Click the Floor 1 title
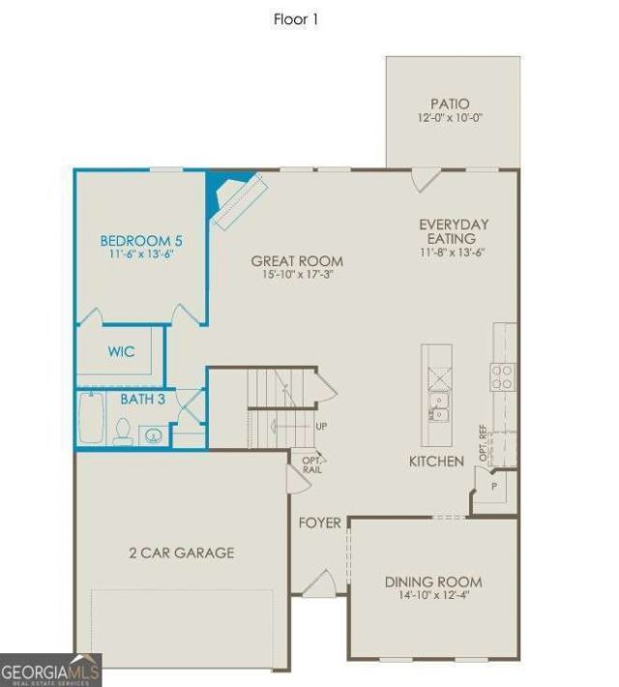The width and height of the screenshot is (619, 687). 296,19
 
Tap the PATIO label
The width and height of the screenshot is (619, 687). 450,104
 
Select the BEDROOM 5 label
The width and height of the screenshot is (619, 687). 141,241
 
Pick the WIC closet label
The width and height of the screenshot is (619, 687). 121,351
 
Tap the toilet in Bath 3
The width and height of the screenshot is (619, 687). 122,432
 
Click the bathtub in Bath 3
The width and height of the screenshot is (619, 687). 91,418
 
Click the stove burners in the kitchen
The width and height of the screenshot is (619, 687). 502,377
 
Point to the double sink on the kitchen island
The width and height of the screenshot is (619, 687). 437,407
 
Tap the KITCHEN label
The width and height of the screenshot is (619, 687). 436,461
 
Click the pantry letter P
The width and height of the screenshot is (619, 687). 494,486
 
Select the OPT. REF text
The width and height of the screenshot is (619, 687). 484,442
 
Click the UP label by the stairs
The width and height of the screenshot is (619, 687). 321,426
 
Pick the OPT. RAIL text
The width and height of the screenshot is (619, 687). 312,465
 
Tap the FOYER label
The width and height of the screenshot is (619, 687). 320,523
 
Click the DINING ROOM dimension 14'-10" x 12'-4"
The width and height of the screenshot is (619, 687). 434,595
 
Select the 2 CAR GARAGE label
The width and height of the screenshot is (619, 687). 182,553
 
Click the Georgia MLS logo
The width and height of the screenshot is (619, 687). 51,670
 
